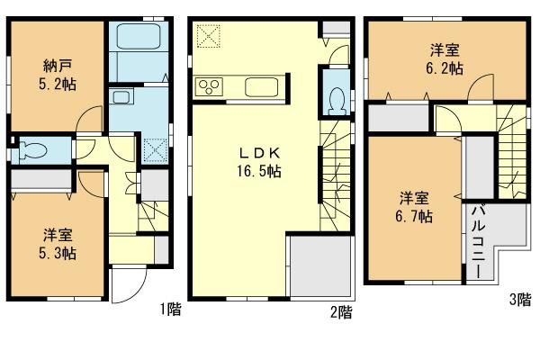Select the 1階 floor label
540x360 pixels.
(x=171, y=310)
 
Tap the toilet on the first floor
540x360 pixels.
(x=31, y=149)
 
